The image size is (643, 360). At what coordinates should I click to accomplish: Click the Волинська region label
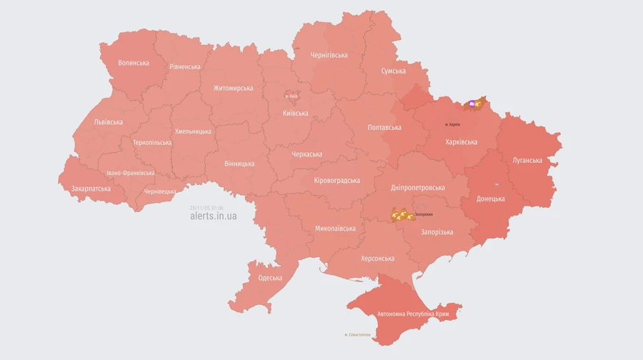click(134, 63)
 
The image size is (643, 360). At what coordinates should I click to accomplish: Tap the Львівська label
click(109, 122)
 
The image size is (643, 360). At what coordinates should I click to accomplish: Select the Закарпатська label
click(91, 189)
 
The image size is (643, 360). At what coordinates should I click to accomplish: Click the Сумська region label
click(393, 71)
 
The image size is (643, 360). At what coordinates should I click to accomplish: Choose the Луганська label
click(527, 160)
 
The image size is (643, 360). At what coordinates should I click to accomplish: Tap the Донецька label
click(491, 199)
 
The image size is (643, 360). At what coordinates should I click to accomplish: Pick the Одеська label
click(270, 278)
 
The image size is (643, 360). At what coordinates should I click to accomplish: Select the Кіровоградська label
click(337, 181)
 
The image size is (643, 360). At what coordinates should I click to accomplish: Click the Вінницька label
click(239, 164)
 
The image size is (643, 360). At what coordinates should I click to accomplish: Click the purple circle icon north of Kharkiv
click(472, 104)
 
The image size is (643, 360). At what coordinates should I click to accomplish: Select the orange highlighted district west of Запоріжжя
click(400, 215)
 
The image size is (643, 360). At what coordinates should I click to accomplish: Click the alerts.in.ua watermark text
click(213, 216)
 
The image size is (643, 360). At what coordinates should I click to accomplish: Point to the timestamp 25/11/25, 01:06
click(206, 208)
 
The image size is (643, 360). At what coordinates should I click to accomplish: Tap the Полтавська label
click(384, 127)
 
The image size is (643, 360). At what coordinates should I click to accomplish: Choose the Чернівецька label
click(160, 191)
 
